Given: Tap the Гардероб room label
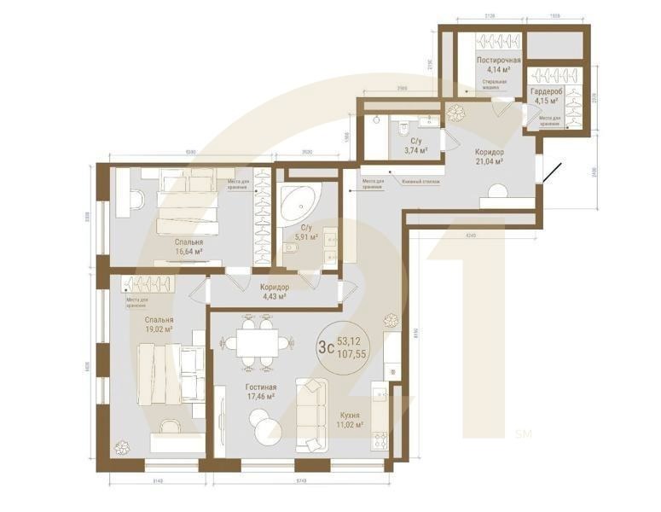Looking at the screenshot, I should pyautogui.click(x=544, y=91).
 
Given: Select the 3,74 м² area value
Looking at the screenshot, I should pyautogui.click(x=415, y=150).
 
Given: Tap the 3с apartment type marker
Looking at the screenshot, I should pyautogui.click(x=325, y=347).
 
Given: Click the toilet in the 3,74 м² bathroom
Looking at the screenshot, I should pyautogui.click(x=404, y=126).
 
